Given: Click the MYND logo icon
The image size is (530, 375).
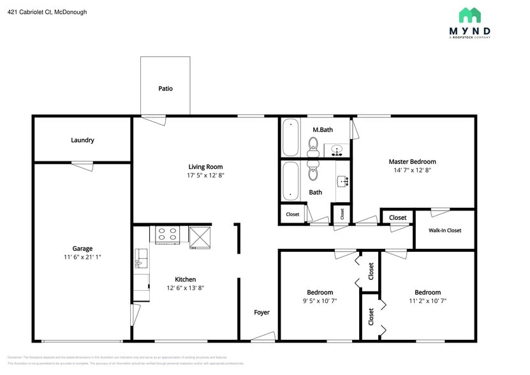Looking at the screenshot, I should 470,15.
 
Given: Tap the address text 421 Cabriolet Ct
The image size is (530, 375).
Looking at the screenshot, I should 47,11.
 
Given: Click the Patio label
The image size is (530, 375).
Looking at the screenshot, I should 165,89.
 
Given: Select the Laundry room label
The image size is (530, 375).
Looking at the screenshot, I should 82,140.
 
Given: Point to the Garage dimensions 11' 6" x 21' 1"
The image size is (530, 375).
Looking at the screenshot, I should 82,257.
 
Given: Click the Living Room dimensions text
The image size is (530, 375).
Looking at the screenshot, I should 205,175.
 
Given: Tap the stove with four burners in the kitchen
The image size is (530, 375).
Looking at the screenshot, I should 168,235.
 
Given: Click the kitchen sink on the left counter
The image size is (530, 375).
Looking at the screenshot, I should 141,258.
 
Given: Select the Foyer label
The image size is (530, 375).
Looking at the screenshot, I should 261,312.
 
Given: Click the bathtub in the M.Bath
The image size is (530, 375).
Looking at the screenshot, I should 290,137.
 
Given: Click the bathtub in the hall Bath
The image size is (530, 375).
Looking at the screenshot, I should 290,180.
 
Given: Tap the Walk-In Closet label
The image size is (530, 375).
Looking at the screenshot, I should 445,230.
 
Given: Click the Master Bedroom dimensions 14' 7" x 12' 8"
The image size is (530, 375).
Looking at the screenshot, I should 412,170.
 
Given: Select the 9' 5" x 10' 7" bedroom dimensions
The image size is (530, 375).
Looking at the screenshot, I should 320,301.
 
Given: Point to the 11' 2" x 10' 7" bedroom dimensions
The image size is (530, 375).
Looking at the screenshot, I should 427,301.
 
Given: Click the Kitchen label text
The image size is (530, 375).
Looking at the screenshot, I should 186,279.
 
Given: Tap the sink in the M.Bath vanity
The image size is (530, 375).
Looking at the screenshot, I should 337,151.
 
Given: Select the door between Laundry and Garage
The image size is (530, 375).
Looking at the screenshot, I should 82,165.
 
